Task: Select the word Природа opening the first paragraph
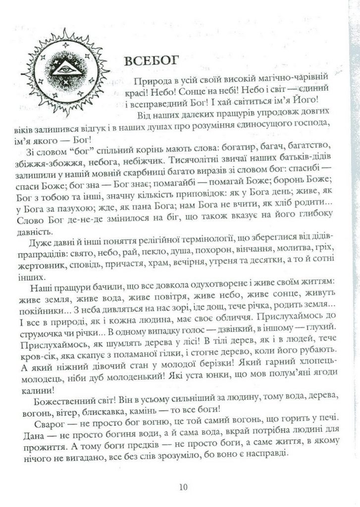click(x=151, y=81)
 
